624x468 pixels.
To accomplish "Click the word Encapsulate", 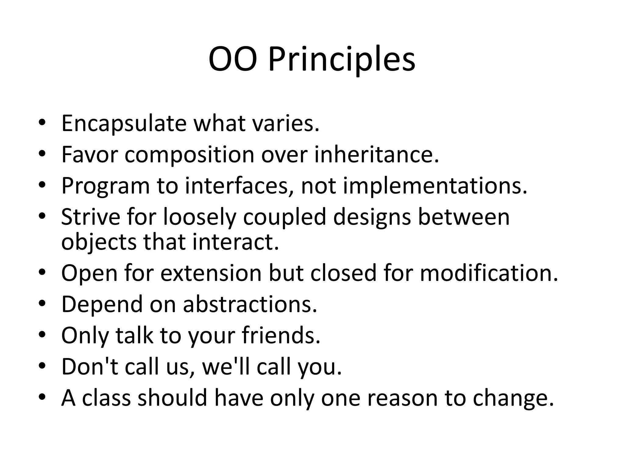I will point(124,123).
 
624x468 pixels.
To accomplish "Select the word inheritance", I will point(376,154).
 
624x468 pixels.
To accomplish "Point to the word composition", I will point(189,155).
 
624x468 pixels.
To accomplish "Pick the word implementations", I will point(435,186).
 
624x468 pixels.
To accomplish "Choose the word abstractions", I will point(250,304).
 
